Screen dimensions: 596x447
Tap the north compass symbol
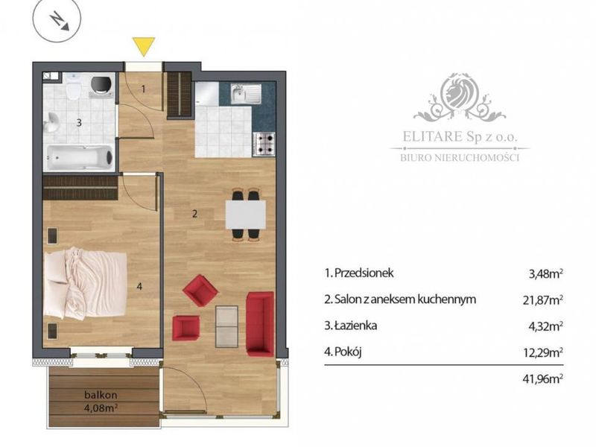(57, 19)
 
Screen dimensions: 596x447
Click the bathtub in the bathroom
(80, 157)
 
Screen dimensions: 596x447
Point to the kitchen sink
(247, 94)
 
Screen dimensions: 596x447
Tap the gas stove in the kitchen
(264, 144)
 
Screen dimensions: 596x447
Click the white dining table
(246, 215)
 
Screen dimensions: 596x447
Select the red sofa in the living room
(260, 324)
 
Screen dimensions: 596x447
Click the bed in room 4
(85, 283)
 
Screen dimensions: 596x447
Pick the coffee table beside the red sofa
(226, 326)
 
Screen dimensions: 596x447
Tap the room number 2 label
(194, 214)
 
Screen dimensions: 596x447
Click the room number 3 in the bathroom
(79, 122)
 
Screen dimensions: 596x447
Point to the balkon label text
(101, 395)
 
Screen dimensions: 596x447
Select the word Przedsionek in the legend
(364, 273)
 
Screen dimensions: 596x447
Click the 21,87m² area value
(543, 300)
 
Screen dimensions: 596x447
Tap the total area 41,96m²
(543, 378)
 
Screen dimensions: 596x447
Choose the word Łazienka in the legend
(356, 326)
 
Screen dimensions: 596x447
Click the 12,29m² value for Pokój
(543, 352)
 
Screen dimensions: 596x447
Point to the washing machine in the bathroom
(102, 85)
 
